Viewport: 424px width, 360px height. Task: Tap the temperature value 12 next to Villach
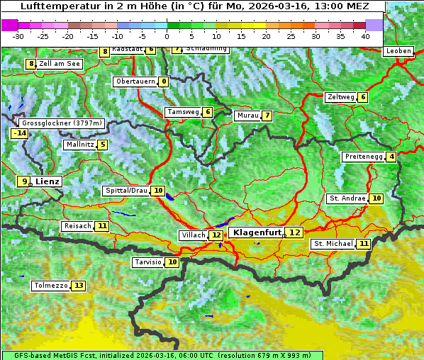point(216,235)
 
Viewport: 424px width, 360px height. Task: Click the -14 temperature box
point(19,133)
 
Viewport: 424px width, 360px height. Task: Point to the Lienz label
point(48,181)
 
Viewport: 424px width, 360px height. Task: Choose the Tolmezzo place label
point(50,286)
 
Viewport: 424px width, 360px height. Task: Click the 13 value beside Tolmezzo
point(78,286)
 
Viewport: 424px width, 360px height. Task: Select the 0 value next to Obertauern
point(164,81)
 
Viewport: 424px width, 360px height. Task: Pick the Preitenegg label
point(363,157)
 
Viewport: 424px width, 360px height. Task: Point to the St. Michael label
point(333,244)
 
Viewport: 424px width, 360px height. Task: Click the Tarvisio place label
point(147,262)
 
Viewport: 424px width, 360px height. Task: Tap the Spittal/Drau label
point(126,191)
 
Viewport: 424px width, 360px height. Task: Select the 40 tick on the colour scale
point(365,36)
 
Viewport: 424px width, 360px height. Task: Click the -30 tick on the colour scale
point(18,36)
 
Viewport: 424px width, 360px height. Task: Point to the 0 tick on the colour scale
point(167,36)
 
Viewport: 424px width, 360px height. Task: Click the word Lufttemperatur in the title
point(55,6)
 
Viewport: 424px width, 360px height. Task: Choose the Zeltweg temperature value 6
point(363,97)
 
